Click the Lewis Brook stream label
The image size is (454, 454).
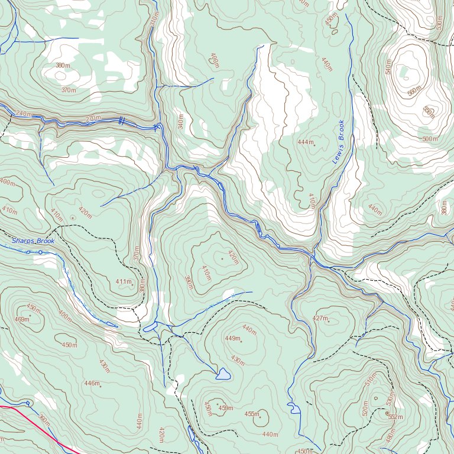pos(338,142)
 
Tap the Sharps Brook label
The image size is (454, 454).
pos(33,241)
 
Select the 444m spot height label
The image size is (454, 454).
pos(305,142)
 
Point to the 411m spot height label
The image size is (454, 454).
pos(123,281)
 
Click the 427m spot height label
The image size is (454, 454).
pos(320,319)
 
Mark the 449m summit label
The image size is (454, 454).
pos(232,339)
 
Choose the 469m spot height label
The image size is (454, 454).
pos(22,319)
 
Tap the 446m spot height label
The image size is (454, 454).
pos(91,384)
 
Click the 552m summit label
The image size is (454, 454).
pos(395,417)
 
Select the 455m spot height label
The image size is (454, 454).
pos(252,414)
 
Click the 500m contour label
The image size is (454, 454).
pos(430,139)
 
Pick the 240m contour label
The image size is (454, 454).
pos(24,113)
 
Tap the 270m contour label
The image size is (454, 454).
pos(93,119)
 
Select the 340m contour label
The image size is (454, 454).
pos(181,123)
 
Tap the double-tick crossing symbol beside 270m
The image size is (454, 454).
pos(121,121)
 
